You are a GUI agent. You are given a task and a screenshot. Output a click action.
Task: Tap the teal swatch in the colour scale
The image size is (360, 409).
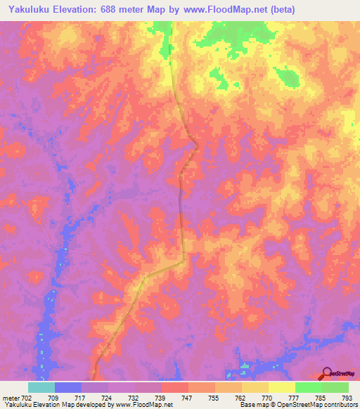pyautogui.click(x=41, y=387)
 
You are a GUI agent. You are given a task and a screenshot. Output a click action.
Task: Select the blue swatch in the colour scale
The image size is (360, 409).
pyautogui.click(x=67, y=387)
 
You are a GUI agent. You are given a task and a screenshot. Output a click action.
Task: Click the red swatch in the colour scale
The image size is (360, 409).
pyautogui.click(x=174, y=387)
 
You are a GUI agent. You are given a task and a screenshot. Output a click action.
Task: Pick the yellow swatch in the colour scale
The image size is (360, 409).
pyautogui.click(x=281, y=387)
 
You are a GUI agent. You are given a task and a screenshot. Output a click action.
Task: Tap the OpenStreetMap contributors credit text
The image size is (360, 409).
pyautogui.click(x=310, y=405)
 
